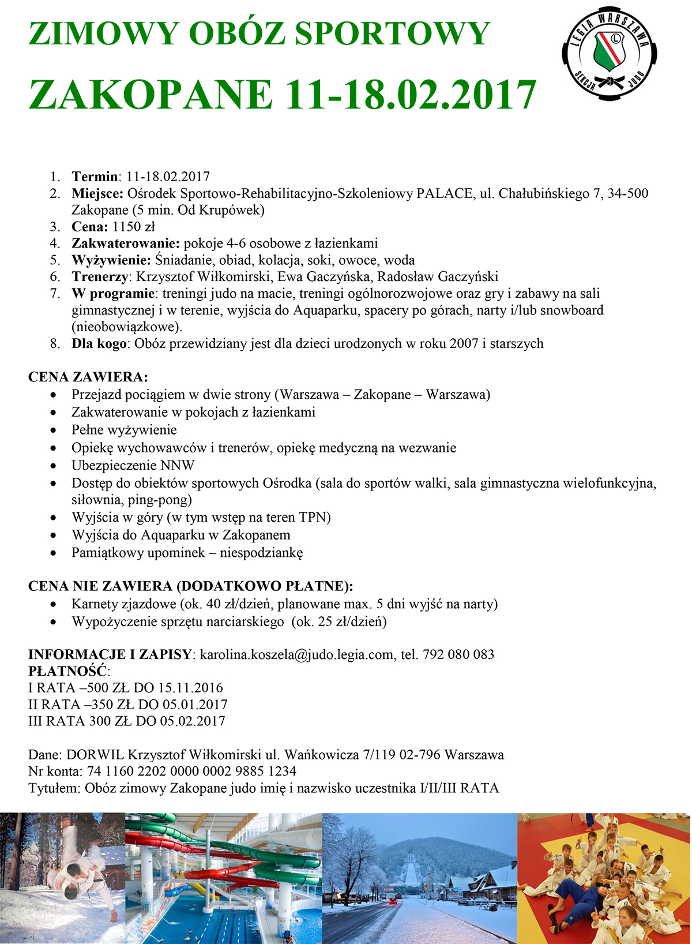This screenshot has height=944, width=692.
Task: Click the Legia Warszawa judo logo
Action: [610, 55]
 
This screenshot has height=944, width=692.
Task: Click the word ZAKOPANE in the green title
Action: [151, 95]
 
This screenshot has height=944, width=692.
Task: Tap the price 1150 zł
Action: [134, 227]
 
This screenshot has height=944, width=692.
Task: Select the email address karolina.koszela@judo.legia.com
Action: [298, 654]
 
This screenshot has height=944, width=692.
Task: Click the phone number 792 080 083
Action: [458, 654]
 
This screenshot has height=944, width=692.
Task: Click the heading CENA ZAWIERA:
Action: [88, 377]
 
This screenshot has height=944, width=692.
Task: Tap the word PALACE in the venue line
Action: [445, 193]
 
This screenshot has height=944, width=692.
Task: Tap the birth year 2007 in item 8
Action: [462, 344]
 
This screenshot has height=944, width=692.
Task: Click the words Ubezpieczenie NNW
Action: [133, 466]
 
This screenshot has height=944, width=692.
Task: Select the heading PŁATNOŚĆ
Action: [68, 671]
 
